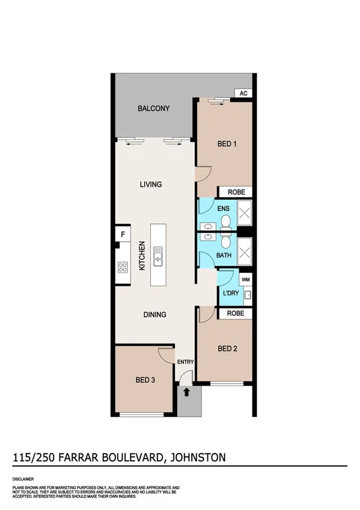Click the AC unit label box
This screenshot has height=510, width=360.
point(243,93)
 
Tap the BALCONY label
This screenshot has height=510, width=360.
point(153,109)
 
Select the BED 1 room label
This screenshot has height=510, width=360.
point(227,144)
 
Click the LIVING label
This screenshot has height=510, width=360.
point(151,185)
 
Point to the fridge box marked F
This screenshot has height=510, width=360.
point(123,234)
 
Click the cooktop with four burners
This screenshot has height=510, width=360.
point(123,268)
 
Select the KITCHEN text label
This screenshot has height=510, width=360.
point(142,256)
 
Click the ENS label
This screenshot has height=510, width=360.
point(224,208)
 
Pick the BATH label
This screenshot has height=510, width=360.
point(224,256)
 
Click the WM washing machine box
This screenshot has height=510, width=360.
point(245,280)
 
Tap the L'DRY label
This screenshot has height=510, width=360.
point(231,293)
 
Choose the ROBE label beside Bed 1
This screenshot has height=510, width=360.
point(236,192)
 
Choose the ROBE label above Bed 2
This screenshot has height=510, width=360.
point(236,313)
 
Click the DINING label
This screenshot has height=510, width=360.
point(154,315)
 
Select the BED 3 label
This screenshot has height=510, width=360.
point(146,379)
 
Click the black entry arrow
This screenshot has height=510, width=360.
point(186,392)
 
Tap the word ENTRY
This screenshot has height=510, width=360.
point(185,361)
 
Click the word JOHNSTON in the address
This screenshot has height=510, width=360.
point(199,458)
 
